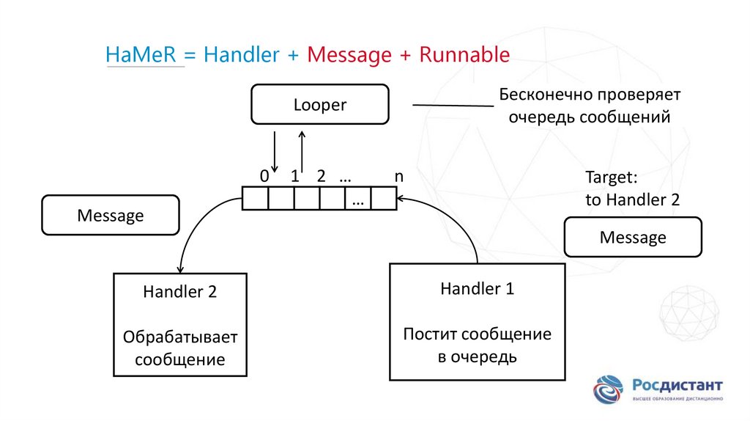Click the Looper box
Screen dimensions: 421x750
[x=319, y=105]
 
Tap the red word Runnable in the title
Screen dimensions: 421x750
[x=464, y=55]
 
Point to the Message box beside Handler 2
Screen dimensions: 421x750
[x=111, y=216]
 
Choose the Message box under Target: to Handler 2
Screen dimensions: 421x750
[x=633, y=238]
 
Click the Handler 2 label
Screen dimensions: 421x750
[x=179, y=292]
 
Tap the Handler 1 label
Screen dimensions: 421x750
[x=477, y=289]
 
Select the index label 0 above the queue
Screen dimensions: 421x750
[x=264, y=177]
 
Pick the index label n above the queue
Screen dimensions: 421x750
[x=398, y=177]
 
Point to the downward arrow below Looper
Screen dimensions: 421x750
[x=274, y=152]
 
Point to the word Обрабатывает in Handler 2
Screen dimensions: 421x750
[x=180, y=337]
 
